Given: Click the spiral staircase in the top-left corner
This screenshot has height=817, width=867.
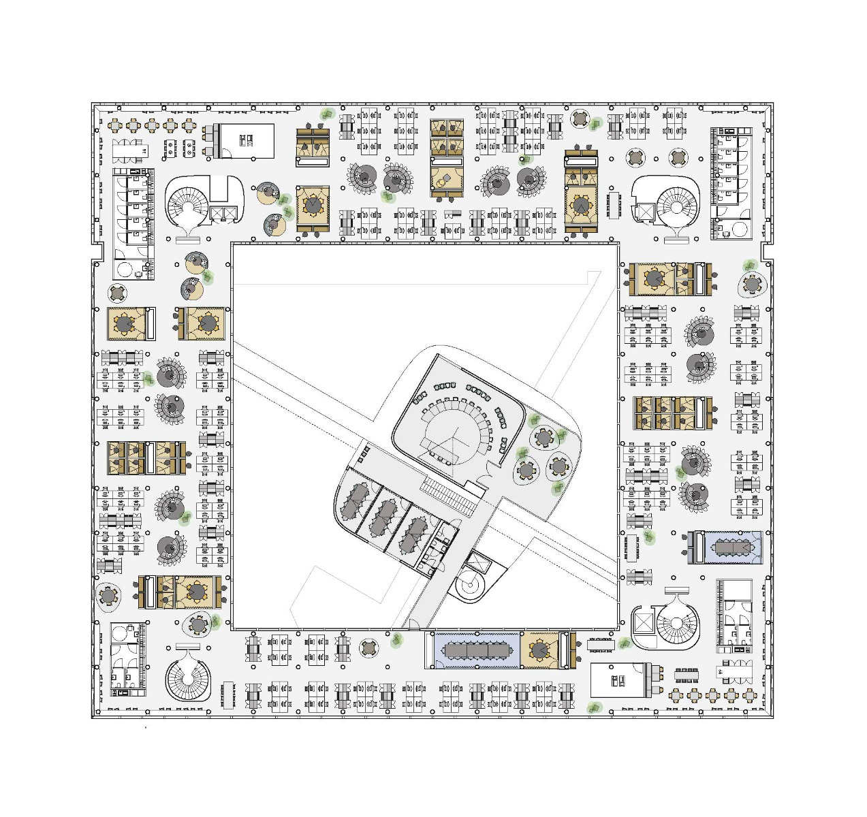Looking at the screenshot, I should click(186, 203).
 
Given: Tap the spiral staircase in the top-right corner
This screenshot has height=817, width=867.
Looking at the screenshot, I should click(677, 203).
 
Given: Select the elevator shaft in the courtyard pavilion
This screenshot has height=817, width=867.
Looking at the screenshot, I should click(477, 563).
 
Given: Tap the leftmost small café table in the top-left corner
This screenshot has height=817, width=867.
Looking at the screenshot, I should click(114, 125).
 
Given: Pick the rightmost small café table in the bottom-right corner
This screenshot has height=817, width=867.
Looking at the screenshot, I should click(749, 695).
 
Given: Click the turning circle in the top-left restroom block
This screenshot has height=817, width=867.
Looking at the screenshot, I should click(125, 270).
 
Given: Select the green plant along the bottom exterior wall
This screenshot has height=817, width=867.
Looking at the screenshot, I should click(595, 708).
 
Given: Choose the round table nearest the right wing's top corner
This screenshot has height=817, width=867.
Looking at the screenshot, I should click(752, 283).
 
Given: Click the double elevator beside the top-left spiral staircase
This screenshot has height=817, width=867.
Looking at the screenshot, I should click(225, 213).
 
